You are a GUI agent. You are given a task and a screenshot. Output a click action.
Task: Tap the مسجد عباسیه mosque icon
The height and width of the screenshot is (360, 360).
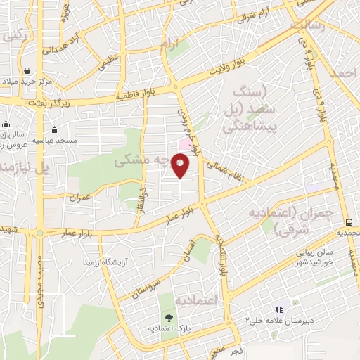tap(54, 129)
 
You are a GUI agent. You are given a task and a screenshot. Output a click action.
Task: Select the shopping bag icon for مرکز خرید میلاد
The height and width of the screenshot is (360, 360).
tap(27, 70)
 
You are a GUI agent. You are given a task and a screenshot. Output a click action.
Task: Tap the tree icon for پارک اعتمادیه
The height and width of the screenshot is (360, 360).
tap(166, 318)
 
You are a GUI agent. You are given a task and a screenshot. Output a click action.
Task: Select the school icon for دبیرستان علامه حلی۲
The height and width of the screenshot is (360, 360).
tap(278, 309)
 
